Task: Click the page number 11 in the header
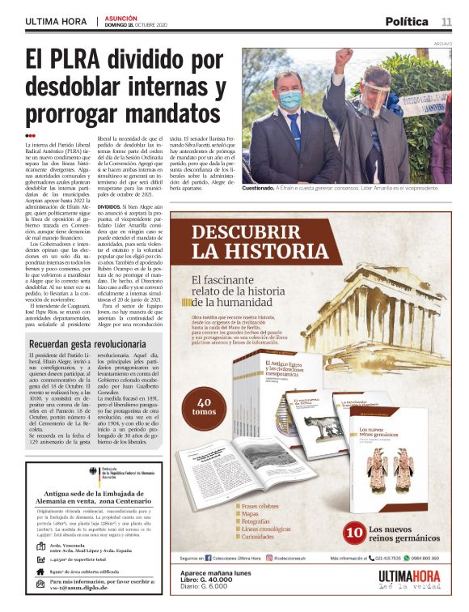coord(446,21)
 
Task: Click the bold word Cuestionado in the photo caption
coord(264,188)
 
